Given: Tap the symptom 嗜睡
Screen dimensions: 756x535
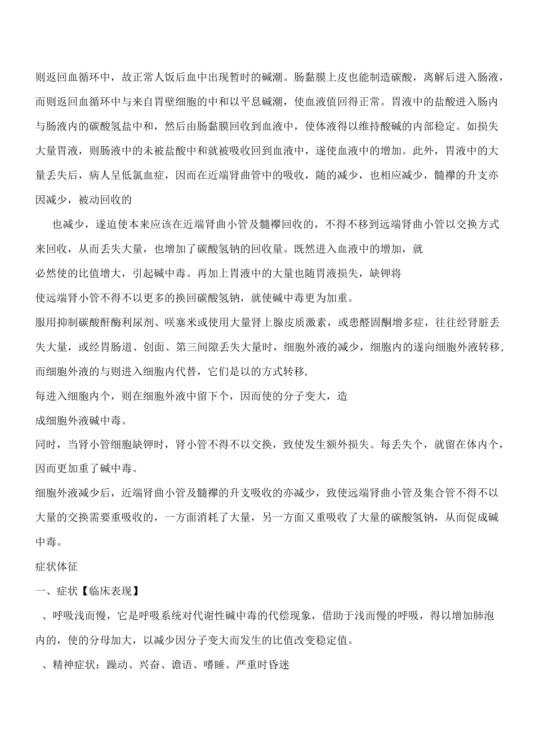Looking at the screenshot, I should [x=215, y=665].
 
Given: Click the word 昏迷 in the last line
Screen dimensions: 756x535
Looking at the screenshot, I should [x=278, y=665].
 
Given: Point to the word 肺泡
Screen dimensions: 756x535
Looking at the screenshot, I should [x=484, y=616].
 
